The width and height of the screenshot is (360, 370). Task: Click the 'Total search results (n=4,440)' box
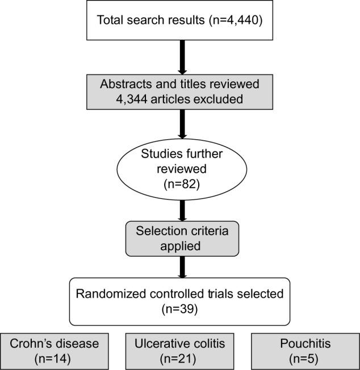coord(179,21)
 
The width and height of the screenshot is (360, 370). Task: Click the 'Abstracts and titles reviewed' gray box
coord(179,93)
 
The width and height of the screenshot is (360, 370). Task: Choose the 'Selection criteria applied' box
coord(179,238)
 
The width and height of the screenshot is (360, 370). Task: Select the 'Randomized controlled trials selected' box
coord(179,300)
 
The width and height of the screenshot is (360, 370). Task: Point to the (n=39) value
coord(179,309)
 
